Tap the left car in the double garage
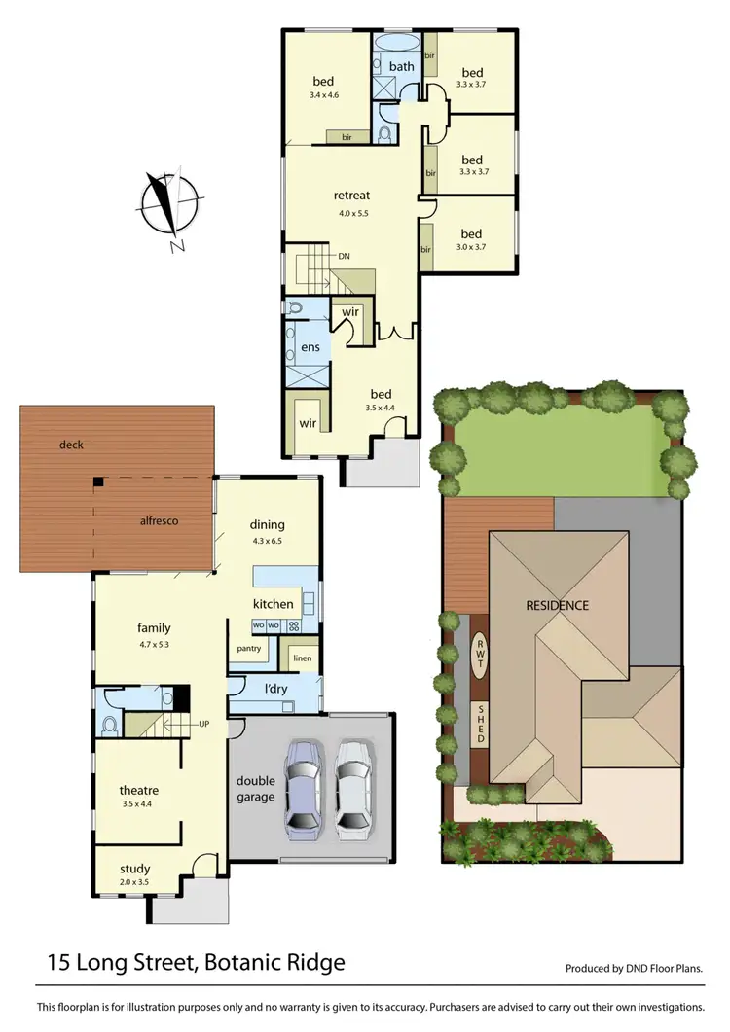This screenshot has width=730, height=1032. (x=305, y=789)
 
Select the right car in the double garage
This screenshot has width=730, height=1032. (x=354, y=789)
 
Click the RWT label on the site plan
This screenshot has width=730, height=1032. (x=479, y=653)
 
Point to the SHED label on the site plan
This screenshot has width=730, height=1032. (x=479, y=725)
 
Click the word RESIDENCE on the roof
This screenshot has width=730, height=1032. (x=558, y=605)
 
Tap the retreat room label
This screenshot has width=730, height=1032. (x=351, y=196)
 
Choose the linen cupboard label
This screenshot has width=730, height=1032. (x=302, y=658)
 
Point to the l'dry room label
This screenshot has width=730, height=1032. (x=275, y=690)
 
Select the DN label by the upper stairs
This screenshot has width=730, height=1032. (x=344, y=257)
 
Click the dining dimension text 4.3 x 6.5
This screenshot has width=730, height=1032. (x=269, y=541)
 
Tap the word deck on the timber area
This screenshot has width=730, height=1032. (x=71, y=445)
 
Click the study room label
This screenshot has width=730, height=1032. (x=135, y=869)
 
